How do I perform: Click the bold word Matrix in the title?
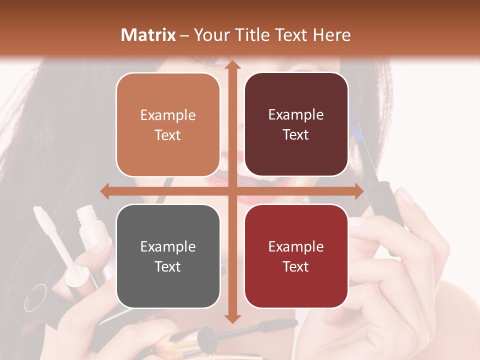pos(148,35)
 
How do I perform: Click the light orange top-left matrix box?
pos(168,124)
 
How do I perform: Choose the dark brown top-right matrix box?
pos(296,124)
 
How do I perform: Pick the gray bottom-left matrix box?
pos(168,256)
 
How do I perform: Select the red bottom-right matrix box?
pos(296,256)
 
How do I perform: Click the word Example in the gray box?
pos(168,246)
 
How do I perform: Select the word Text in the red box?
pos(296,266)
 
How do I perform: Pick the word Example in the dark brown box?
pos(296,114)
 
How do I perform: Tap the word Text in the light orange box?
pos(168,135)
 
